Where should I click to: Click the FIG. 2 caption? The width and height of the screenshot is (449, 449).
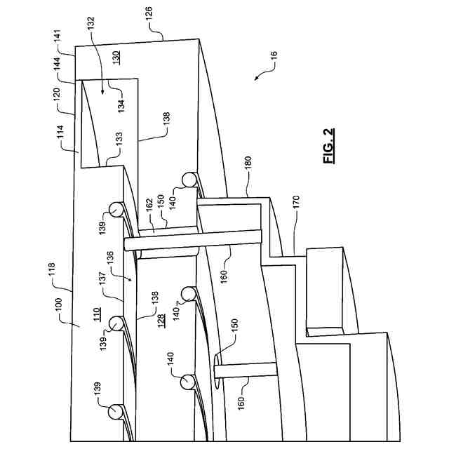click(330, 147)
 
